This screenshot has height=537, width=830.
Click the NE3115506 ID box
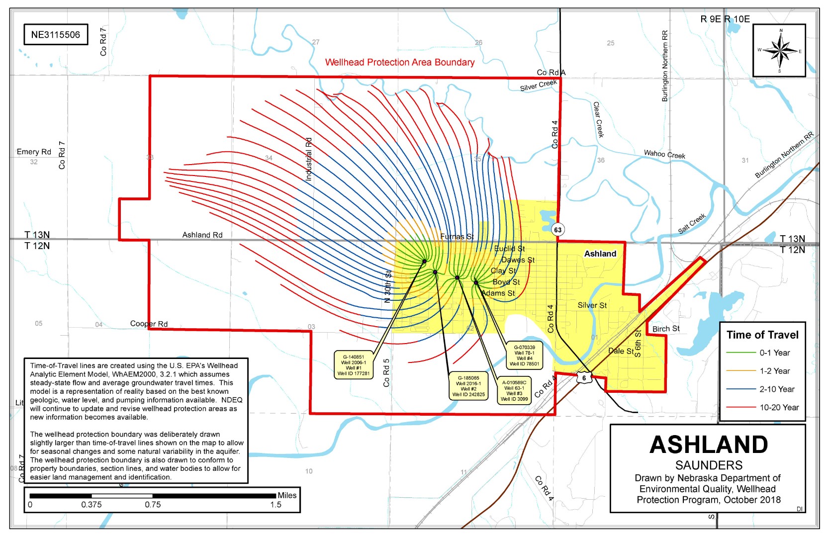pyautogui.click(x=55, y=35)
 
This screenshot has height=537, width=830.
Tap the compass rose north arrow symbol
pyautogui.click(x=779, y=50)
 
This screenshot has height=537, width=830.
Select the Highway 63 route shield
pyautogui.click(x=558, y=230)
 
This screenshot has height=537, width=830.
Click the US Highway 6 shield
pyautogui.click(x=584, y=378)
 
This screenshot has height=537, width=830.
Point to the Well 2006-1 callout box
pyautogui.click(x=353, y=365)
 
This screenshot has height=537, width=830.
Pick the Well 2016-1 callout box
pyautogui.click(x=468, y=386)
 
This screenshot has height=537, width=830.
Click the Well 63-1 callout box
pyautogui.click(x=514, y=391)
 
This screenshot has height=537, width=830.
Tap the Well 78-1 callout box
pyautogui.click(x=524, y=356)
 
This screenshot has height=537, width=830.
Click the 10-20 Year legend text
pyautogui.click(x=779, y=408)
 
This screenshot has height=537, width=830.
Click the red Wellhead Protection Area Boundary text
pyautogui.click(x=399, y=63)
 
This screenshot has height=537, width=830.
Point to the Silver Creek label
pyautogui.click(x=538, y=86)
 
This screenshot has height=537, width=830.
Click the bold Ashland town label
pyautogui.click(x=600, y=254)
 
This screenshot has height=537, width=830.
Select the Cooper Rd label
pyautogui.click(x=149, y=324)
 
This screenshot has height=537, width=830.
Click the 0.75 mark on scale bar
pyautogui.click(x=153, y=504)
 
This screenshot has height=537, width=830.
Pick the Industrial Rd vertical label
pyautogui.click(x=308, y=159)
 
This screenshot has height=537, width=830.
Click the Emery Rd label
pyautogui.click(x=34, y=152)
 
